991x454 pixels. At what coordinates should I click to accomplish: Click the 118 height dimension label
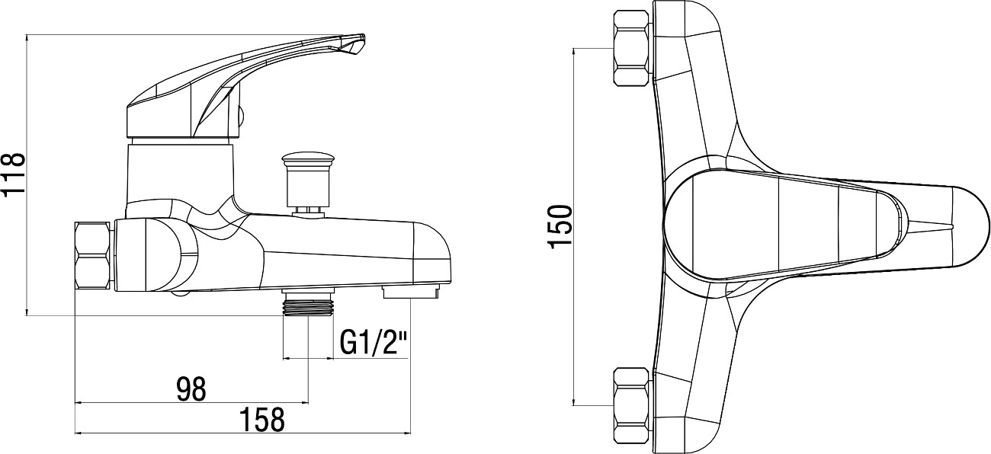tap(13, 174)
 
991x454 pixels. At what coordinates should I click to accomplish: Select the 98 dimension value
tap(191, 388)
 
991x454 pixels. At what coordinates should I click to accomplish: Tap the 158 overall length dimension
tap(262, 420)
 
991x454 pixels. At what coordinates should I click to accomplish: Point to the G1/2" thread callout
tap(373, 343)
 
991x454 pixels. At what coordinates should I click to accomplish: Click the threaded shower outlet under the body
tap(308, 303)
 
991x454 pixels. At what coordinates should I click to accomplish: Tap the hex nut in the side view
tap(92, 256)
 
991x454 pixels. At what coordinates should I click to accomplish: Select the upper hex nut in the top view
tap(632, 48)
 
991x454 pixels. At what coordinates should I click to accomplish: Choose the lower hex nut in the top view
tap(632, 405)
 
